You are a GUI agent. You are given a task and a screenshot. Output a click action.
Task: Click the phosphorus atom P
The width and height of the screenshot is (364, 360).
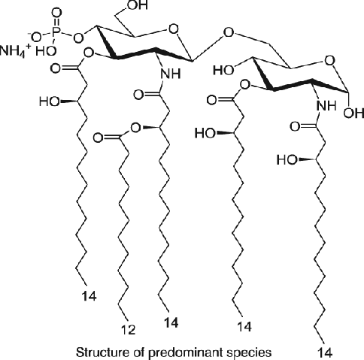[57, 32]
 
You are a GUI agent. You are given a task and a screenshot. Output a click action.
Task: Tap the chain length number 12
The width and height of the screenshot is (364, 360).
[129, 330]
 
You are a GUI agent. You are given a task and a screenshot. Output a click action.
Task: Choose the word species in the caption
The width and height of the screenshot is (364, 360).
[250, 353]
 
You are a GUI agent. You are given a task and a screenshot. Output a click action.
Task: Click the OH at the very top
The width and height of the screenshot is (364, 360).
[137, 5]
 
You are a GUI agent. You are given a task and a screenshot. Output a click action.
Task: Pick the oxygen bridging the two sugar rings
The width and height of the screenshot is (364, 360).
[229, 33]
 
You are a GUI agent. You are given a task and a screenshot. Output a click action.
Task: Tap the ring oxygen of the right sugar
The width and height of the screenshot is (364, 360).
[329, 61]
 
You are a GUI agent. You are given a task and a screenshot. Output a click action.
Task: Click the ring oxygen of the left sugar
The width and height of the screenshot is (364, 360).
[174, 29]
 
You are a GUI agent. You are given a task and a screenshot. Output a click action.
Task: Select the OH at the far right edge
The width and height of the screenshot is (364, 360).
[353, 113]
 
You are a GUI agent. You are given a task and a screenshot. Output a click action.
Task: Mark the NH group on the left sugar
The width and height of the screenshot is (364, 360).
[171, 74]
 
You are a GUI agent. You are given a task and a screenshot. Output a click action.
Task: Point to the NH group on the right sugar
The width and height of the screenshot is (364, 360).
[326, 106]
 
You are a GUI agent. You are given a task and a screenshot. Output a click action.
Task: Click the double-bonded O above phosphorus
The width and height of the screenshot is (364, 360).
[57, 13]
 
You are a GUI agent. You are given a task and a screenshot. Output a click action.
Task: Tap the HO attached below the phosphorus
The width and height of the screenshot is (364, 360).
[46, 50]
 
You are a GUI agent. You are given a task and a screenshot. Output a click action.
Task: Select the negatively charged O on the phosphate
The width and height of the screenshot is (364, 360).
[36, 38]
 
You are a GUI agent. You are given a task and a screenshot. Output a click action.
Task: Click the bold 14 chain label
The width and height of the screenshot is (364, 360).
[171, 322]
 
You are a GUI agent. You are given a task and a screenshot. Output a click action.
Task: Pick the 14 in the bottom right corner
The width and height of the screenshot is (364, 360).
[325, 352]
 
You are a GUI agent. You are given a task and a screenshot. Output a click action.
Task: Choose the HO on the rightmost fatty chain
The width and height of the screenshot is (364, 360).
[287, 159]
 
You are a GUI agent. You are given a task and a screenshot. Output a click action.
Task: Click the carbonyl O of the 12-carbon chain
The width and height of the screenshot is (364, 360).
[98, 138]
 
